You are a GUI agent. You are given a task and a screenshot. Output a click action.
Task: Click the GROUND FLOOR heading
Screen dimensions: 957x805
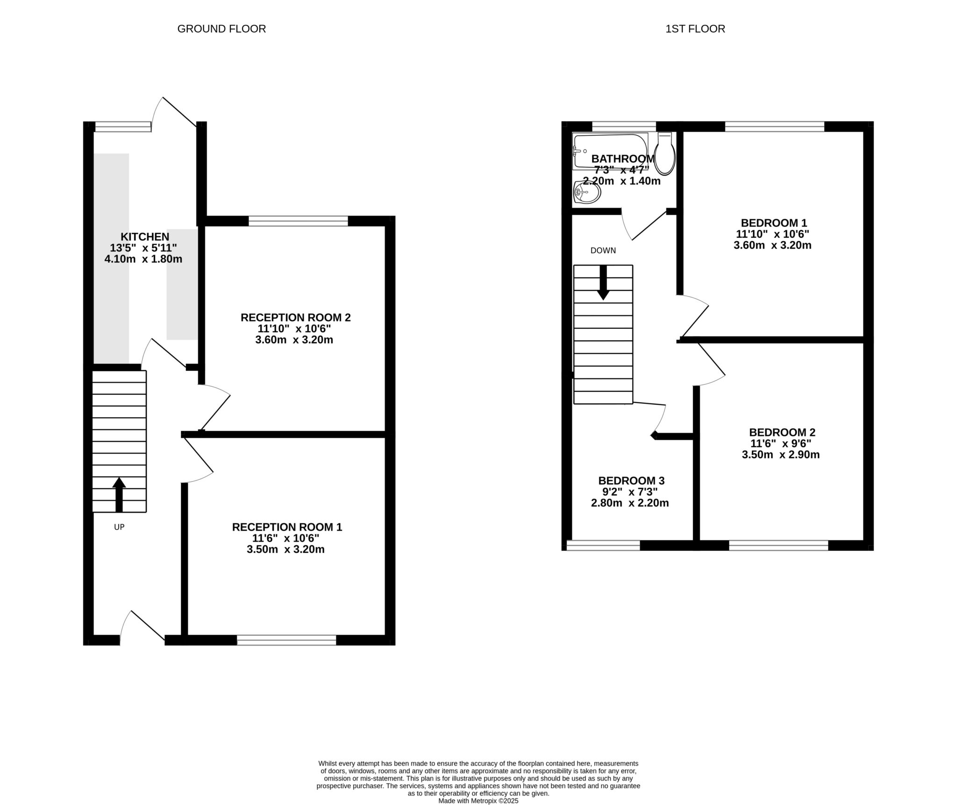(x=221, y=29)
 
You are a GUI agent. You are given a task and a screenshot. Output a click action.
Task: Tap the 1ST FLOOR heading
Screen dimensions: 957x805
(x=695, y=29)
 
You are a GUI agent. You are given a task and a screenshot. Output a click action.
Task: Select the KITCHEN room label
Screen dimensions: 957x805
(x=145, y=236)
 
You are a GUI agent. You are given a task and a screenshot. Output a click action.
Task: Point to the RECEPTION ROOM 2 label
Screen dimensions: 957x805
(x=295, y=318)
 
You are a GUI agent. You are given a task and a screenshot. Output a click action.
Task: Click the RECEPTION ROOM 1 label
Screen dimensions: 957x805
(x=287, y=527)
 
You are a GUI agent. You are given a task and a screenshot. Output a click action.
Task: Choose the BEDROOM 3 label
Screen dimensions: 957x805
(x=631, y=481)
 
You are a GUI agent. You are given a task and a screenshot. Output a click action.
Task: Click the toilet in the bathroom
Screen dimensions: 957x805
(x=664, y=153)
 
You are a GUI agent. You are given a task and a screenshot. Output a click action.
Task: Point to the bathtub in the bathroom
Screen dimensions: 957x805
(x=610, y=150)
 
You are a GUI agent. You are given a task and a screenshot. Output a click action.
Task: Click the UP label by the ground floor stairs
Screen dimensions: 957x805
(x=119, y=527)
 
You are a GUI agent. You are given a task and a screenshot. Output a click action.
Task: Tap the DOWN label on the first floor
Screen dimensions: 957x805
(x=603, y=250)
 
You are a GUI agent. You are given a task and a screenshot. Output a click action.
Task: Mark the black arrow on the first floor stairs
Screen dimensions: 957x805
(x=603, y=283)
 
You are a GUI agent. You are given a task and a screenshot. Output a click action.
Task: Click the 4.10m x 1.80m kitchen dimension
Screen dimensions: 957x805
(x=143, y=259)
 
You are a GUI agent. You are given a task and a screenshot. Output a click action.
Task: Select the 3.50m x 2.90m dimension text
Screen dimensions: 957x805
(x=781, y=455)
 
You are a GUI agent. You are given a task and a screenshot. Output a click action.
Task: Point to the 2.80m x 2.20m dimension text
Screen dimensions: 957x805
(x=630, y=503)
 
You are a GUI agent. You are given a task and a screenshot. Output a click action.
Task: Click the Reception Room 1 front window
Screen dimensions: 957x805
(x=286, y=640)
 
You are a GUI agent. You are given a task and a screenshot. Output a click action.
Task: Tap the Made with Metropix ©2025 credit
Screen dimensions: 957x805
(x=478, y=801)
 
